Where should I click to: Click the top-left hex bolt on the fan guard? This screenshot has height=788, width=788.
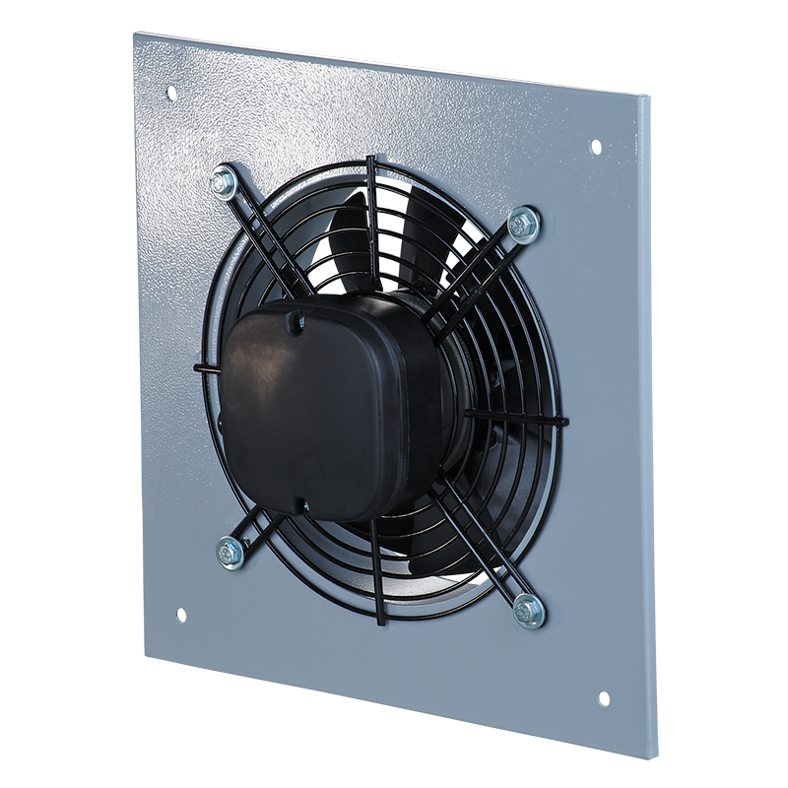(x=224, y=182)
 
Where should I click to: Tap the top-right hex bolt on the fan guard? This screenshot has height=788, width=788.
(x=523, y=225)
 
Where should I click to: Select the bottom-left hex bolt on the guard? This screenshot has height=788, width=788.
(x=230, y=552)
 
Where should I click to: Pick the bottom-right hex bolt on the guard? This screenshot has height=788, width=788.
(x=529, y=611)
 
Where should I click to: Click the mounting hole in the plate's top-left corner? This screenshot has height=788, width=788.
(x=170, y=93)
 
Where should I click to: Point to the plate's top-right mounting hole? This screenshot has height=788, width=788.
(x=595, y=146)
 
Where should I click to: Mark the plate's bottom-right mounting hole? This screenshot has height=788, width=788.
(x=603, y=698)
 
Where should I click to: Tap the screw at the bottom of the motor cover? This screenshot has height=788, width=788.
(x=305, y=505)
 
